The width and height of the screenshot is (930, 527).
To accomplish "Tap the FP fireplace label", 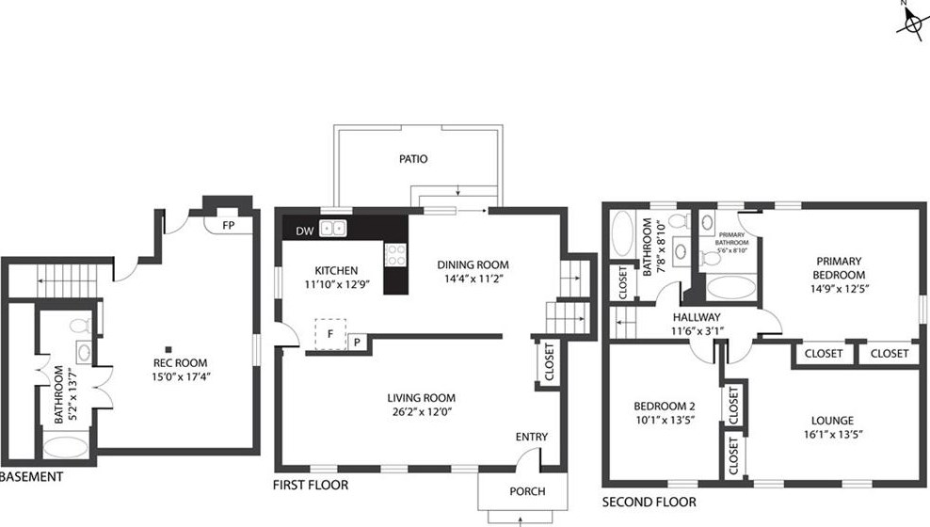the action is (x=229, y=225).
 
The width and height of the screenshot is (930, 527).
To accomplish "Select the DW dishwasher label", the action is (x=305, y=232).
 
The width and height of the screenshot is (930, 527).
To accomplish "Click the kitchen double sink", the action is (x=332, y=229).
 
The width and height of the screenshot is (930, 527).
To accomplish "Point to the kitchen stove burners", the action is (x=395, y=255).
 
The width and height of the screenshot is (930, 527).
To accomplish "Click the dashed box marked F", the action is (x=330, y=334).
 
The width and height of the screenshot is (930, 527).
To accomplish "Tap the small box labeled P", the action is (x=358, y=342).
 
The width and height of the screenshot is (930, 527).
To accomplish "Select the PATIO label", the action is (x=413, y=159).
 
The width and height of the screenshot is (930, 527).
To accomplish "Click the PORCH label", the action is (x=527, y=491).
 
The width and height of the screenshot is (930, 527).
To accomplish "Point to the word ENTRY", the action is (x=532, y=437).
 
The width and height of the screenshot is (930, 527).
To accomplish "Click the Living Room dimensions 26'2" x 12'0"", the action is (x=422, y=412).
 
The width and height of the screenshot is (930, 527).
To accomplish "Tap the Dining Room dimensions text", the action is (x=473, y=279).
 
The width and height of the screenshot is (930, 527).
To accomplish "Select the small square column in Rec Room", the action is (x=169, y=350).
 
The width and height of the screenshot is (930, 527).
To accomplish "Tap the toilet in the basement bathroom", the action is (x=81, y=326).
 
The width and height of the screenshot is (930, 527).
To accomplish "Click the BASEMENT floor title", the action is (x=31, y=476).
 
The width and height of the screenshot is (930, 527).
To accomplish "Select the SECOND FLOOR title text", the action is (x=649, y=503).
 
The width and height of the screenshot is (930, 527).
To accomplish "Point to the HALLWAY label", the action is (x=697, y=317).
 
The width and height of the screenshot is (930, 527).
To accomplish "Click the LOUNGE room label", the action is (x=833, y=421).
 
